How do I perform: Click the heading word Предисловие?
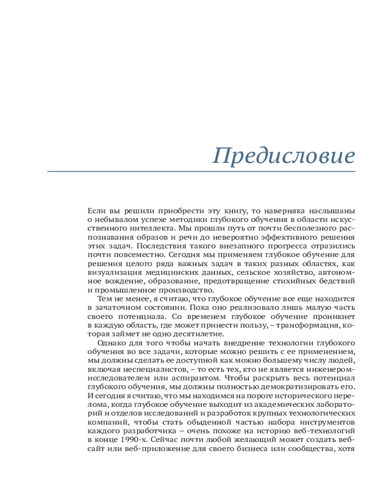[284, 156]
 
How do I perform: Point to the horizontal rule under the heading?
[201, 172]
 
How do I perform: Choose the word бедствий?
[338, 281]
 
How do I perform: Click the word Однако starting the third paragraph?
[111, 343]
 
